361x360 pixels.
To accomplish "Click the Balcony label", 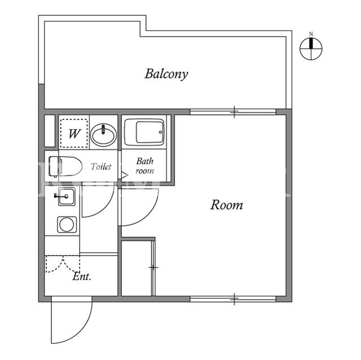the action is click(x=166, y=74).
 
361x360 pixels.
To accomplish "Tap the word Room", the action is click(x=227, y=205).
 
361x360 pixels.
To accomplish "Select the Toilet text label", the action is click(x=101, y=166).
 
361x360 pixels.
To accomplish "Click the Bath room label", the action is click(x=144, y=166).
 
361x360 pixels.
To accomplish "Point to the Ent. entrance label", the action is click(x=82, y=276).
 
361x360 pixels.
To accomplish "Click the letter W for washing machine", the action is click(x=74, y=134).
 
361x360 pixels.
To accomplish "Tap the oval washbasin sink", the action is click(x=103, y=135).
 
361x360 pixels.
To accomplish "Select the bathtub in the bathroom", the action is click(x=144, y=132).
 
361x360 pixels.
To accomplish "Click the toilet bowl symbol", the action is click(x=65, y=166).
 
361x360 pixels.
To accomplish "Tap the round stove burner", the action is click(x=67, y=225).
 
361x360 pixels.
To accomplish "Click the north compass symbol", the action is click(x=311, y=49).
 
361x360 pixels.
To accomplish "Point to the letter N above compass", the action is click(x=311, y=34).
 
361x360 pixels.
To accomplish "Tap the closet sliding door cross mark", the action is click(x=153, y=268).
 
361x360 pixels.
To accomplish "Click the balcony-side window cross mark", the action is click(x=234, y=112).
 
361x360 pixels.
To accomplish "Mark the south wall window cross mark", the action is click(x=234, y=299).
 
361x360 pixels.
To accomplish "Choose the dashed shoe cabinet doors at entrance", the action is click(x=63, y=264).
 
